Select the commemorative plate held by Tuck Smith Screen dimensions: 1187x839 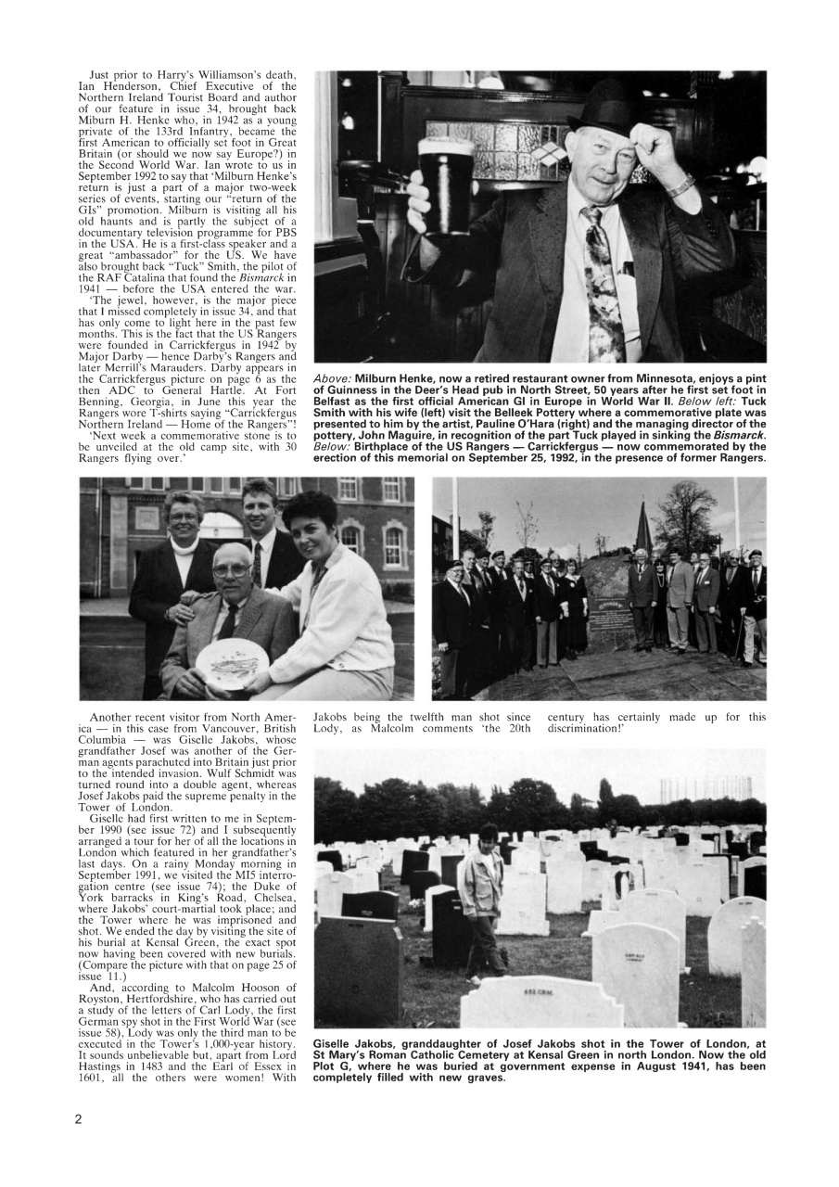[x=232, y=660]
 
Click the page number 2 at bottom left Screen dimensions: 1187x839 [x=79, y=1118]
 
